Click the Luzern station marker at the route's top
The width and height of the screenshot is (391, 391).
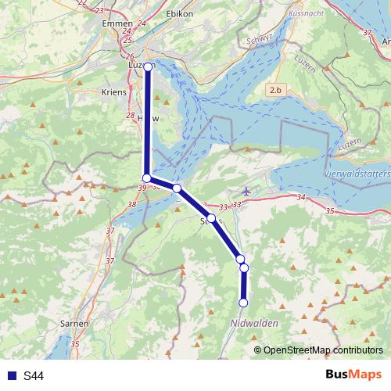coord(148,66)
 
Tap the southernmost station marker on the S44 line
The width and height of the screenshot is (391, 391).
coord(243,303)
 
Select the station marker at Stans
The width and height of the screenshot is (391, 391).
coord(211,218)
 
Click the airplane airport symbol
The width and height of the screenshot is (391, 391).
coord(248,191)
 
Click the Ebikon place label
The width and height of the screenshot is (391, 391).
coord(181,14)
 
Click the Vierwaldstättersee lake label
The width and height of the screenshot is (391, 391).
coord(357,172)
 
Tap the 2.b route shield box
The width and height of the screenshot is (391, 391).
coord(274,91)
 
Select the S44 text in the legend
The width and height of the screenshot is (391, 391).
coord(33,376)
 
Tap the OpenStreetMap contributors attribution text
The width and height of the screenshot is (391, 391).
coord(322,350)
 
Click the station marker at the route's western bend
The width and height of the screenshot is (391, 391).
coord(146,178)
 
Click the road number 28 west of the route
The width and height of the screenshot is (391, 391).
coord(131,115)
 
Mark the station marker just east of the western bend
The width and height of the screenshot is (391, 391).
coord(178,188)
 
